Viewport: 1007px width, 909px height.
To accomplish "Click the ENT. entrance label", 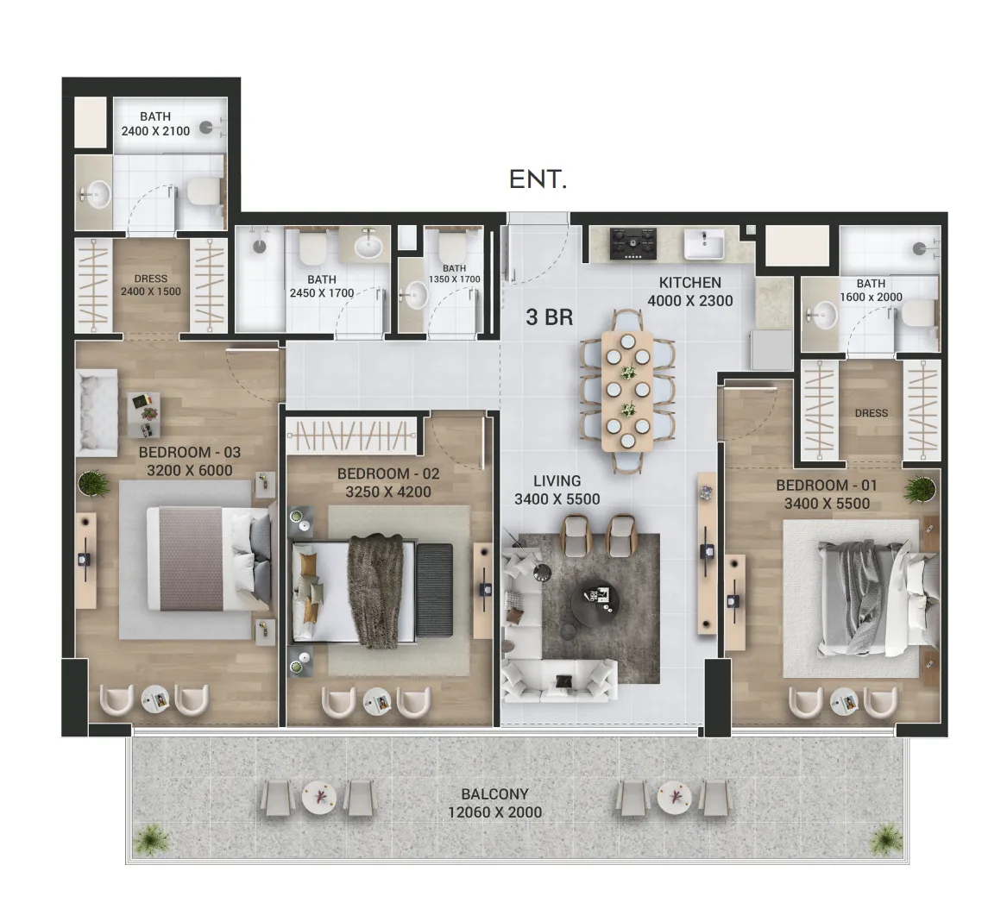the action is point(538,179).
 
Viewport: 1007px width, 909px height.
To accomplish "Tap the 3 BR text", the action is point(549,317).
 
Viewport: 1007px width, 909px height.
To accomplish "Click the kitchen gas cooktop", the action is point(633,243).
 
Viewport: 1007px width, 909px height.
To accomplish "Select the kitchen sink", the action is point(704,244).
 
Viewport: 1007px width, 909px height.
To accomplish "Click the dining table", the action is point(627,391).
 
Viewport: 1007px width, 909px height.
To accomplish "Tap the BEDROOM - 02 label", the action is point(388,473).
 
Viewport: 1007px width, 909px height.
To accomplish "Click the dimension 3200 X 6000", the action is point(190,471).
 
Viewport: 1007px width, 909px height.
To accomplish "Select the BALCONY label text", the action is point(494,794).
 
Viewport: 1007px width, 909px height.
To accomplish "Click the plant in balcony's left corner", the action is point(151,839).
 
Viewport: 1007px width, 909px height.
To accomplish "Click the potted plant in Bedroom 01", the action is point(919,489).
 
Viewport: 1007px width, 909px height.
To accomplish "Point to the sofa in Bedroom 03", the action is point(97,413).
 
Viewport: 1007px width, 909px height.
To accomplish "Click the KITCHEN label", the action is point(689,283).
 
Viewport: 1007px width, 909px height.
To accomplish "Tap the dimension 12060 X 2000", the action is point(494,812).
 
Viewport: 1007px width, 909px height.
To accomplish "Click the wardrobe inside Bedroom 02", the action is point(351,435).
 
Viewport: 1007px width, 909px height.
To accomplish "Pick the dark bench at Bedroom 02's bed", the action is point(435,591).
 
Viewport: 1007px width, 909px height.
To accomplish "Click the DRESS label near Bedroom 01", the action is point(871,413).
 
